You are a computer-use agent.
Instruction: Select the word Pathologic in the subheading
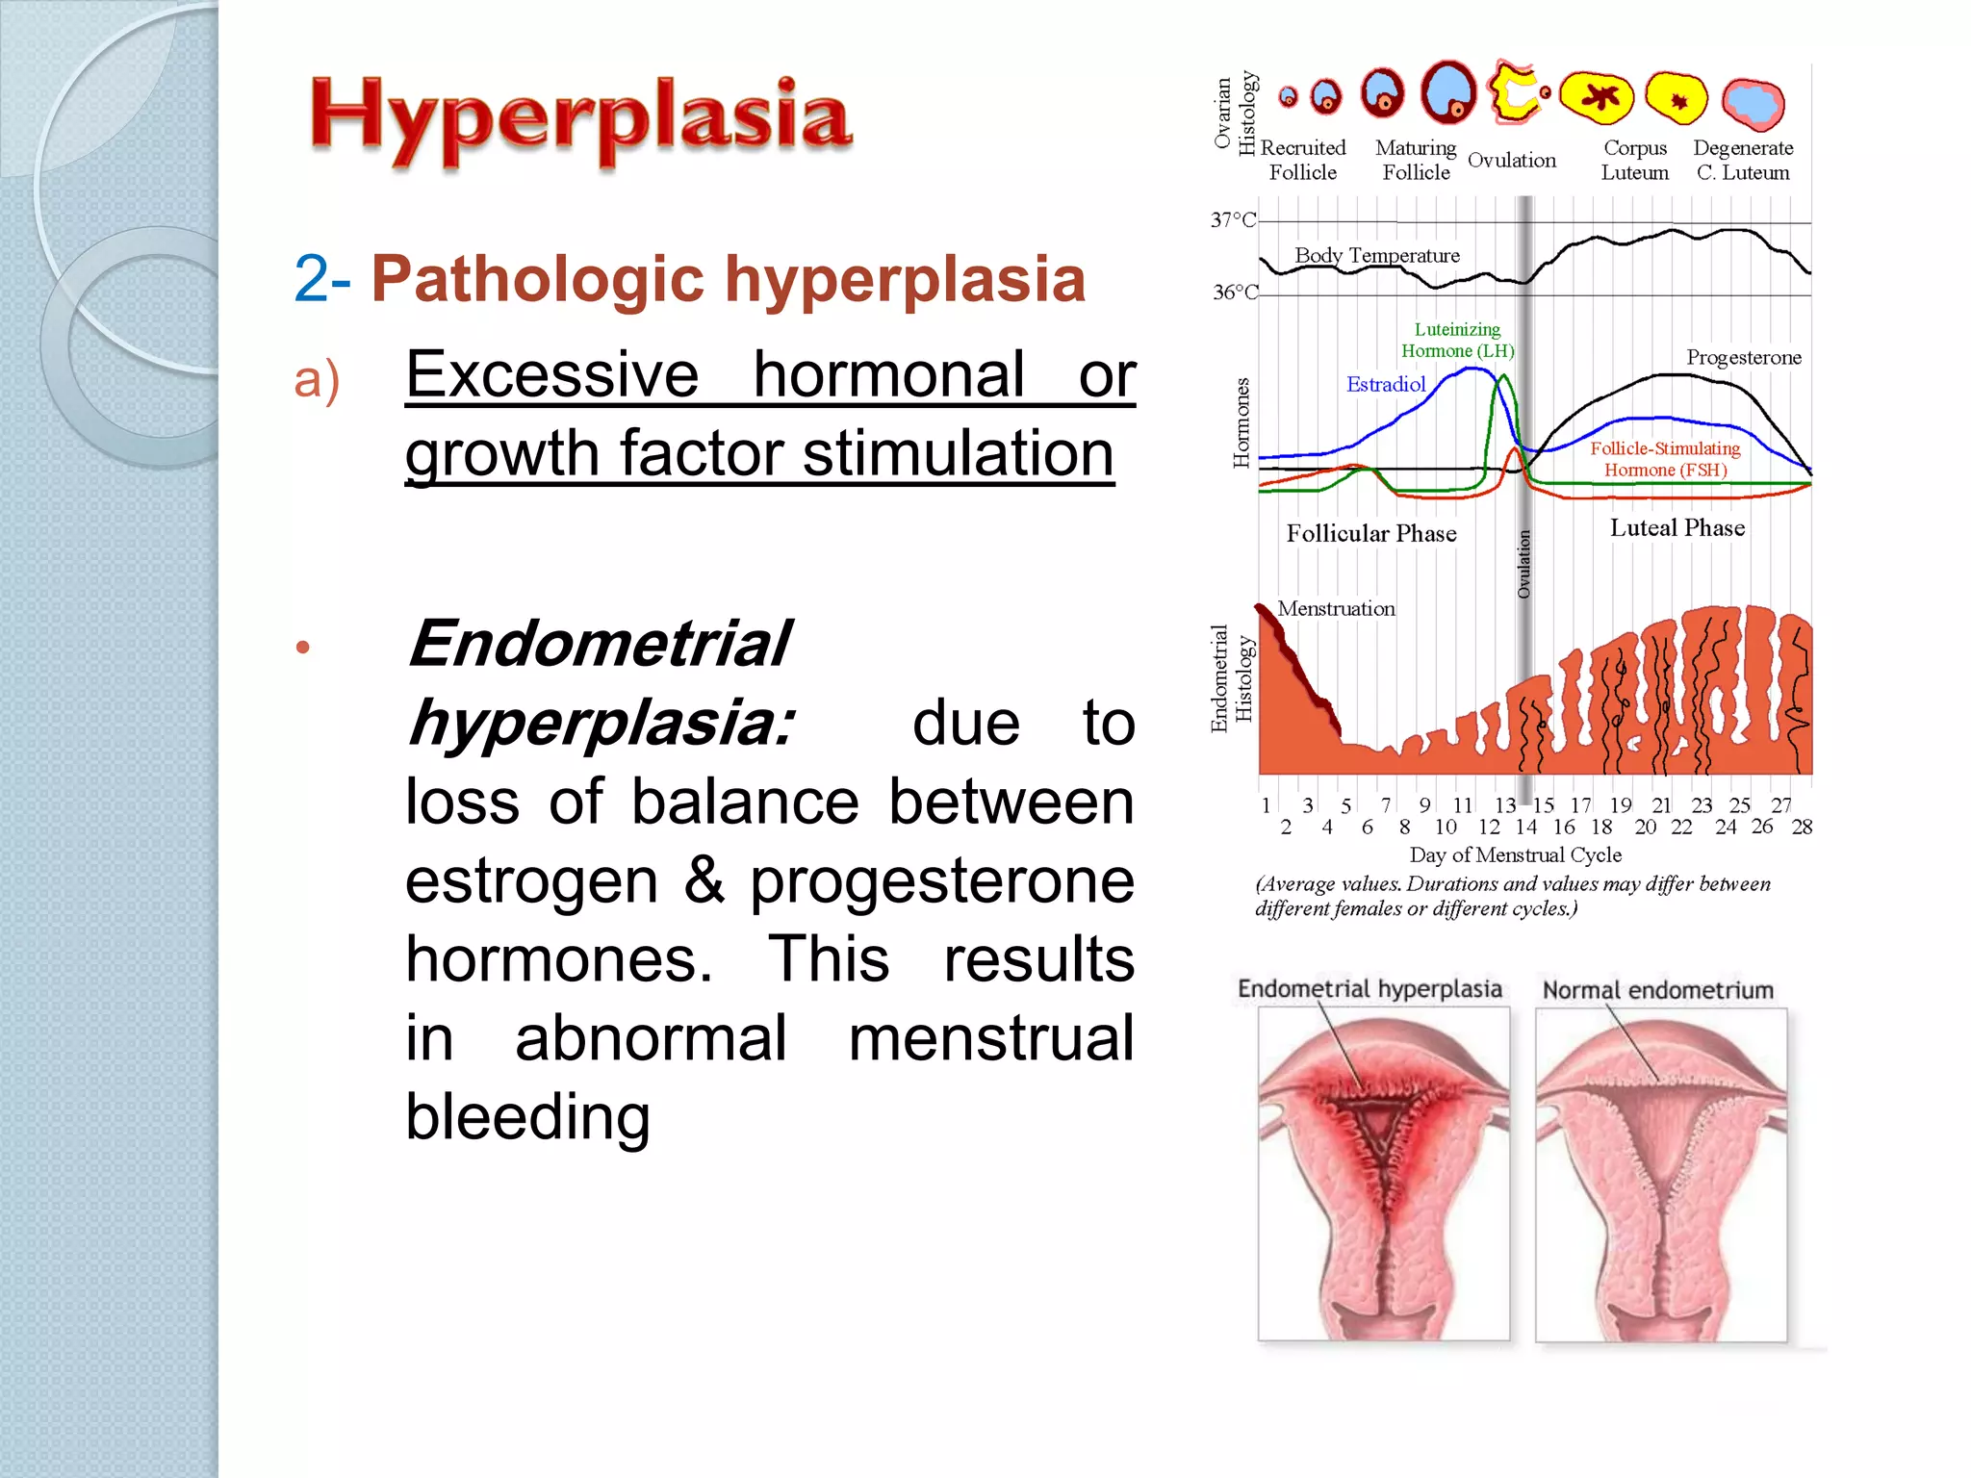[538, 279]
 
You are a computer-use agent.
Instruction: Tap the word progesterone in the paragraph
[941, 880]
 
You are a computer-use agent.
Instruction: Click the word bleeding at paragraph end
[527, 1117]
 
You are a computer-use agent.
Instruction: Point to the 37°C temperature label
[1233, 220]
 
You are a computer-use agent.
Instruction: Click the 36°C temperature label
[1235, 293]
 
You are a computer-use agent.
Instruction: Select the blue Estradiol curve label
[1385, 385]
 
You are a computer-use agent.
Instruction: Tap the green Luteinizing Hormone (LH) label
[1457, 341]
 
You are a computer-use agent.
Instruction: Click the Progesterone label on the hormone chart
[1743, 358]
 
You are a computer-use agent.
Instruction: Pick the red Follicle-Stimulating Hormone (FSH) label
[1665, 459]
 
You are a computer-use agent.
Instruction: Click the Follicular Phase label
[1370, 534]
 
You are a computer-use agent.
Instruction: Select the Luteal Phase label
[1677, 528]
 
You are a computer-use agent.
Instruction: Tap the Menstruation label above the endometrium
[1336, 609]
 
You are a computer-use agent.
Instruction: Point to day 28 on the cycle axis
[1802, 828]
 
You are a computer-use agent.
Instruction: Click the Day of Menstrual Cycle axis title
[1515, 854]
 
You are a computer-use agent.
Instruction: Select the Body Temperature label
[1376, 256]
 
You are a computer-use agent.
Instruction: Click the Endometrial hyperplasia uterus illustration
[1383, 1174]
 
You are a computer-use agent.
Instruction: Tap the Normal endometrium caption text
[1657, 990]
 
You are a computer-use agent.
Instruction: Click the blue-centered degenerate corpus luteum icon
[1753, 102]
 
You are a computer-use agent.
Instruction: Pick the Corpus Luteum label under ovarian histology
[1634, 161]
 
